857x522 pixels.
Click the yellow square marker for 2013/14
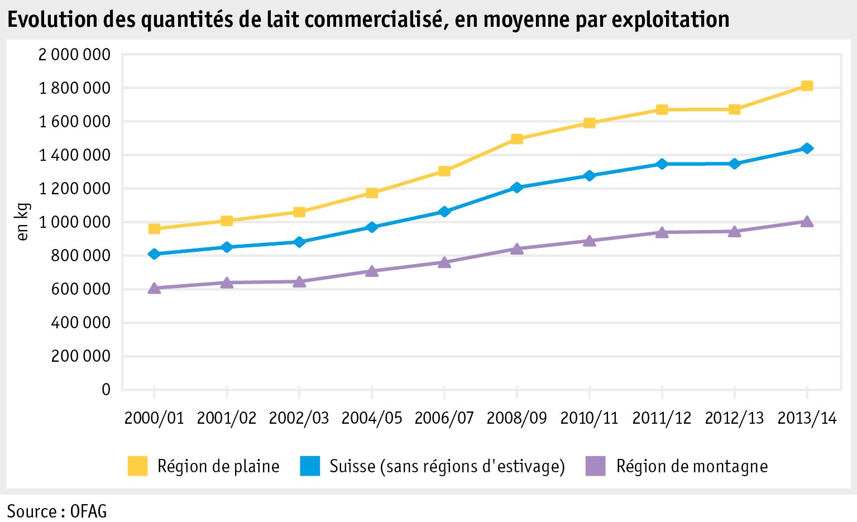[807, 86]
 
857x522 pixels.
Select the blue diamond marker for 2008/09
[516, 188]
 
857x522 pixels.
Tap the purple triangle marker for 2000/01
[154, 288]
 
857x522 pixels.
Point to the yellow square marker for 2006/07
[444, 171]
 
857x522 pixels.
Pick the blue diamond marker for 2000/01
[154, 254]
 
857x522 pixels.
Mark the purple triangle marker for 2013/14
[807, 222]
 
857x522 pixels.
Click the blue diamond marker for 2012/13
[734, 164]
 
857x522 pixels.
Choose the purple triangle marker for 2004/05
[372, 271]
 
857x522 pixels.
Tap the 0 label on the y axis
[106, 389]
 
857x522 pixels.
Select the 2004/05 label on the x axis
[372, 418]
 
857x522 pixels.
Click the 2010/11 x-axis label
[589, 418]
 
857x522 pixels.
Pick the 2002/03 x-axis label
[299, 418]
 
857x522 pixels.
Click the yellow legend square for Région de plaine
[137, 466]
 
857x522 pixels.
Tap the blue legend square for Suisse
[310, 466]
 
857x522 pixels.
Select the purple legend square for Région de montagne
[595, 466]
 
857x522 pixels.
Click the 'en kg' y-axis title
[23, 222]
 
